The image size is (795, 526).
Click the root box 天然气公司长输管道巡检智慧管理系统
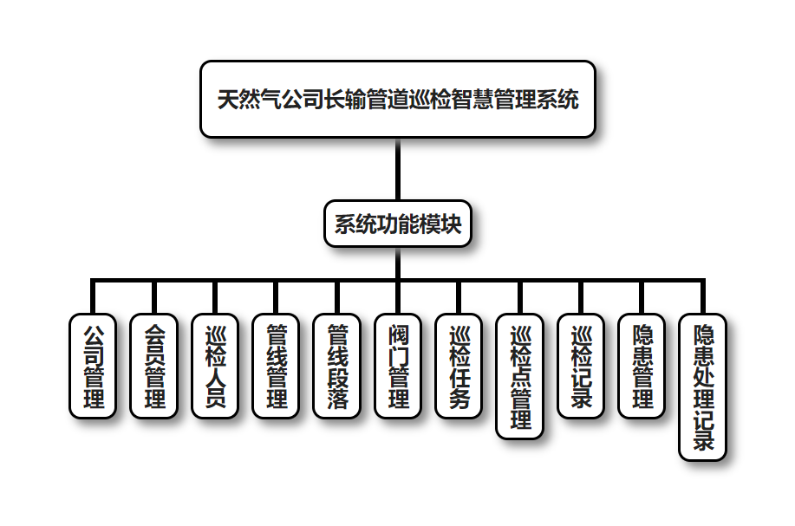[x=397, y=99]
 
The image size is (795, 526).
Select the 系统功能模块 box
[x=397, y=224]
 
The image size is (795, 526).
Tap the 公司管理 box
[x=92, y=366]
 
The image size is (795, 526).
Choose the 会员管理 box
[x=153, y=366]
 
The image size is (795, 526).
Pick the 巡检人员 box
[x=215, y=366]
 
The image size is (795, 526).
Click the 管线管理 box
[x=276, y=366]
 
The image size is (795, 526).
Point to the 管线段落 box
[x=337, y=366]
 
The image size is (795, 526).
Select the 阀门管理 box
[x=398, y=366]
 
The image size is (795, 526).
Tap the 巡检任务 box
[x=459, y=366]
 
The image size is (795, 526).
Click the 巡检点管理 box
[x=520, y=376]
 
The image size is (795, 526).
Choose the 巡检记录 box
[x=581, y=366]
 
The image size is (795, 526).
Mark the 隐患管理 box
[x=642, y=366]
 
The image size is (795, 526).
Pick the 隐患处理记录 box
[x=703, y=386]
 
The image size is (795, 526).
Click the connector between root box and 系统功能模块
[x=397, y=170]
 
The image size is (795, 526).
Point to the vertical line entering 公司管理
[x=92, y=297]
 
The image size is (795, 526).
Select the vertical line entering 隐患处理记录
[x=703, y=297]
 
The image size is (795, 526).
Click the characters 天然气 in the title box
[x=247, y=100]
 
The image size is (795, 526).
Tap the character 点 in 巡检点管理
[x=520, y=377]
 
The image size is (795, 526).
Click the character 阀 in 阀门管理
[x=398, y=334]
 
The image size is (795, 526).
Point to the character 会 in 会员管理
[x=153, y=334]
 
